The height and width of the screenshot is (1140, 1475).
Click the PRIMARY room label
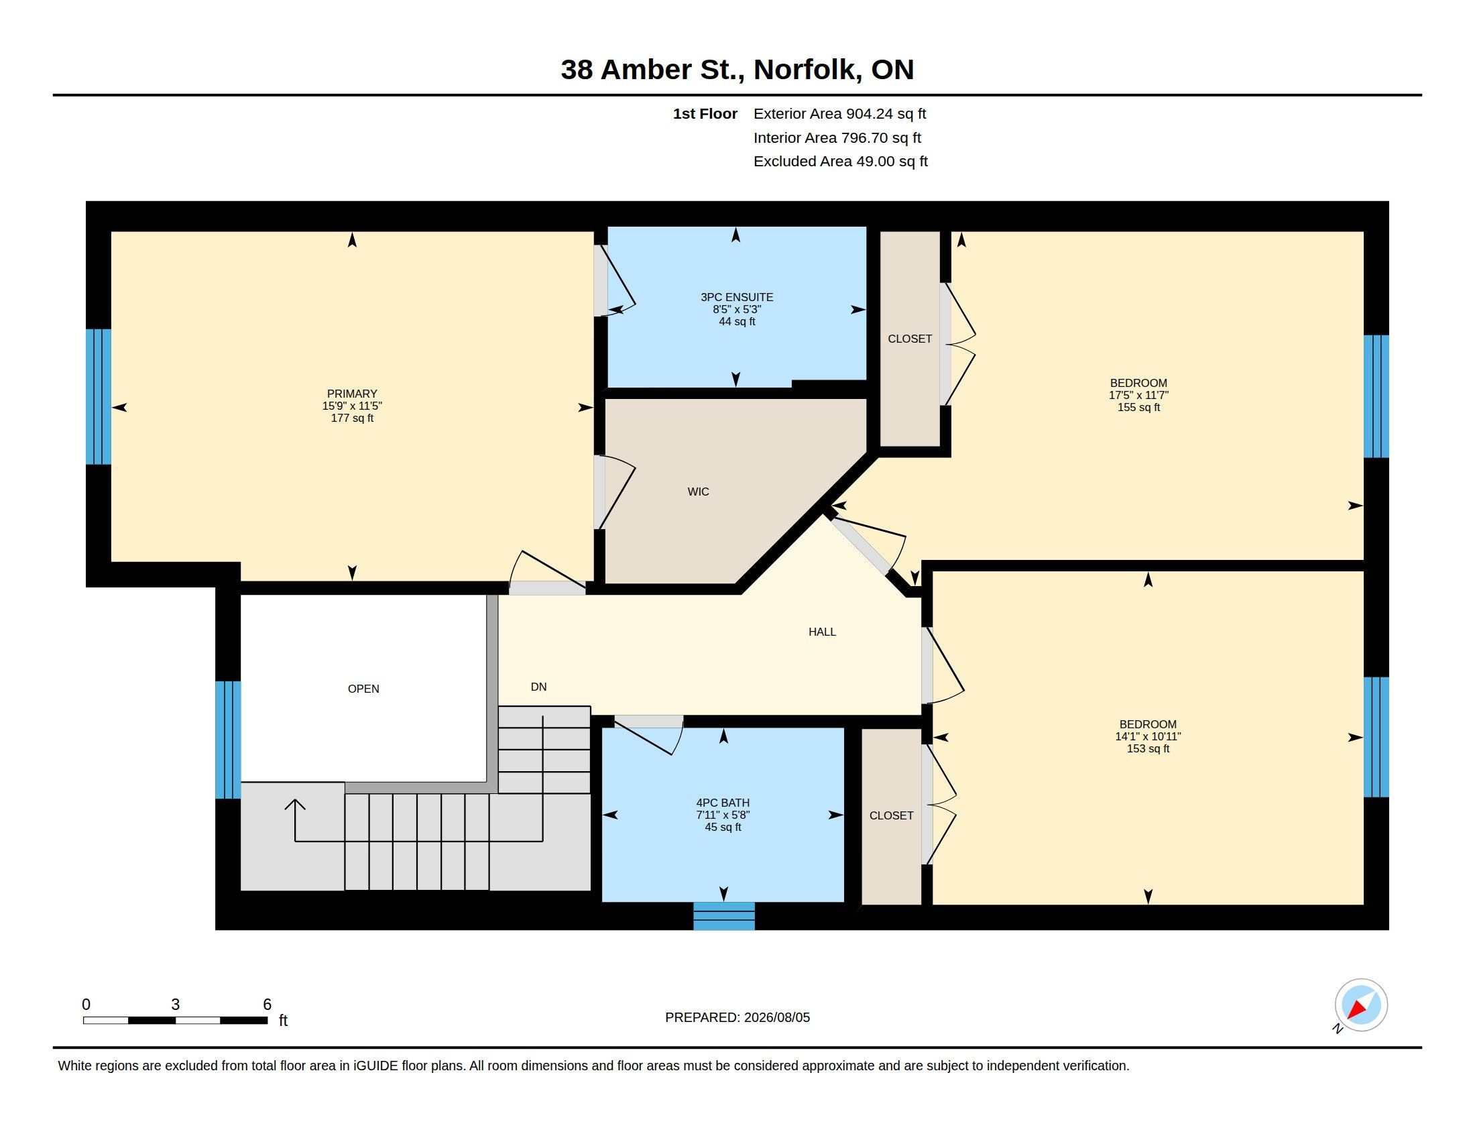click(x=352, y=394)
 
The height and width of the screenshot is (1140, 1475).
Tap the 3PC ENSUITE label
click(x=737, y=297)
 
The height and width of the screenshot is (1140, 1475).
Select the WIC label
click(x=699, y=492)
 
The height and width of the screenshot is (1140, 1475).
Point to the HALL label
click(x=822, y=632)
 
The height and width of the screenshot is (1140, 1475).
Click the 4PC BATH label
click(x=723, y=803)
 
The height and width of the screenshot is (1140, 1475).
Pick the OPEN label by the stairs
click(x=363, y=689)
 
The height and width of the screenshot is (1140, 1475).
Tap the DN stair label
click(x=538, y=687)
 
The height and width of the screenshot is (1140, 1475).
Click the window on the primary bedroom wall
click(x=99, y=396)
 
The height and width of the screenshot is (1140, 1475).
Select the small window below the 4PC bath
click(x=724, y=916)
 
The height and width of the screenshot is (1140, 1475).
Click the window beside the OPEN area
click(x=228, y=740)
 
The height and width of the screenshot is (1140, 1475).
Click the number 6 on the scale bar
click(x=267, y=1005)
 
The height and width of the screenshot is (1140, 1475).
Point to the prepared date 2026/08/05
click(x=776, y=1017)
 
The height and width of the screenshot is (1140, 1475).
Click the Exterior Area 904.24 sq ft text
click(x=839, y=113)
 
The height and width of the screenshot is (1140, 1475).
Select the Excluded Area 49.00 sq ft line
click(x=840, y=162)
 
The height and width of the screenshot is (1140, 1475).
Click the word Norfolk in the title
click(x=808, y=70)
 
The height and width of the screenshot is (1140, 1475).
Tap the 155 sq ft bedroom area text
click(x=1138, y=407)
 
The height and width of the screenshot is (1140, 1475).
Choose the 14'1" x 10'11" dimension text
click(x=1147, y=736)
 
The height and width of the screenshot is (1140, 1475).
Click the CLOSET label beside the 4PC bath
click(x=891, y=816)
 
